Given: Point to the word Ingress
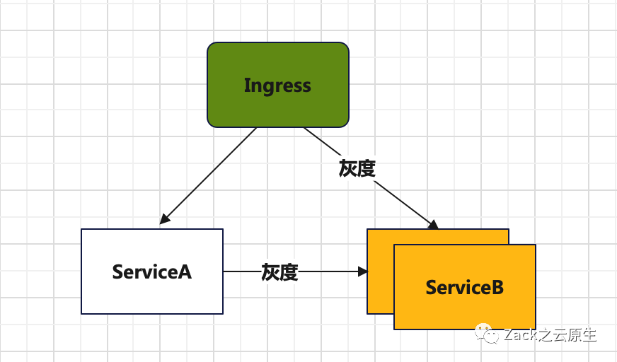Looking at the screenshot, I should pyautogui.click(x=277, y=86).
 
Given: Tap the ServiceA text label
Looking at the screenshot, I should pyautogui.click(x=152, y=271).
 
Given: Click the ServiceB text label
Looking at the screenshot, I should pyautogui.click(x=465, y=288).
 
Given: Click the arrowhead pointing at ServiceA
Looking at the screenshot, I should pyautogui.click(x=164, y=220).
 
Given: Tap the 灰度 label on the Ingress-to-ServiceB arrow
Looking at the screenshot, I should pyautogui.click(x=357, y=168).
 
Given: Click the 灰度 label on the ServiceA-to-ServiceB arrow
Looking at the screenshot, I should pyautogui.click(x=279, y=271).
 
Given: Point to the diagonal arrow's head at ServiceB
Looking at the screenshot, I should pyautogui.click(x=433, y=224).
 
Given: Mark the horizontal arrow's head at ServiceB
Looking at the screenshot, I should pyautogui.click(x=363, y=271).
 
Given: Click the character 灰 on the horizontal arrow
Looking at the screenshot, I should pyautogui.click(x=270, y=271).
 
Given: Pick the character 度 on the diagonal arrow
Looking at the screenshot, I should pyautogui.click(x=366, y=168).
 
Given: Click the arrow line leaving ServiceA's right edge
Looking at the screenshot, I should pyautogui.click(x=241, y=271).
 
